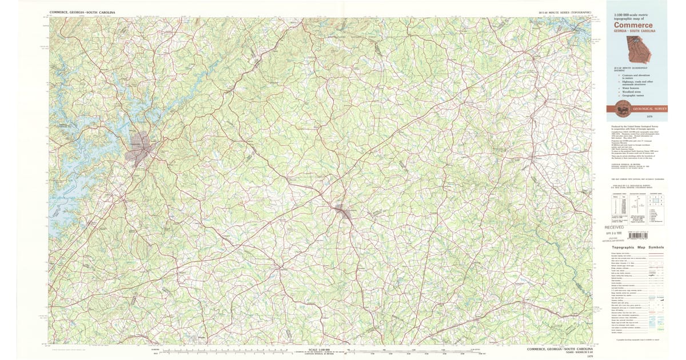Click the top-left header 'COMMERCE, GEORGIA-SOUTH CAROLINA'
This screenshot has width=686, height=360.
click(82, 11)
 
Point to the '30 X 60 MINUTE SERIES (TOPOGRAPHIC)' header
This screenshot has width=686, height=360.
click(565, 11)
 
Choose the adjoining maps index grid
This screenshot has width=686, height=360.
click(657, 200)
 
